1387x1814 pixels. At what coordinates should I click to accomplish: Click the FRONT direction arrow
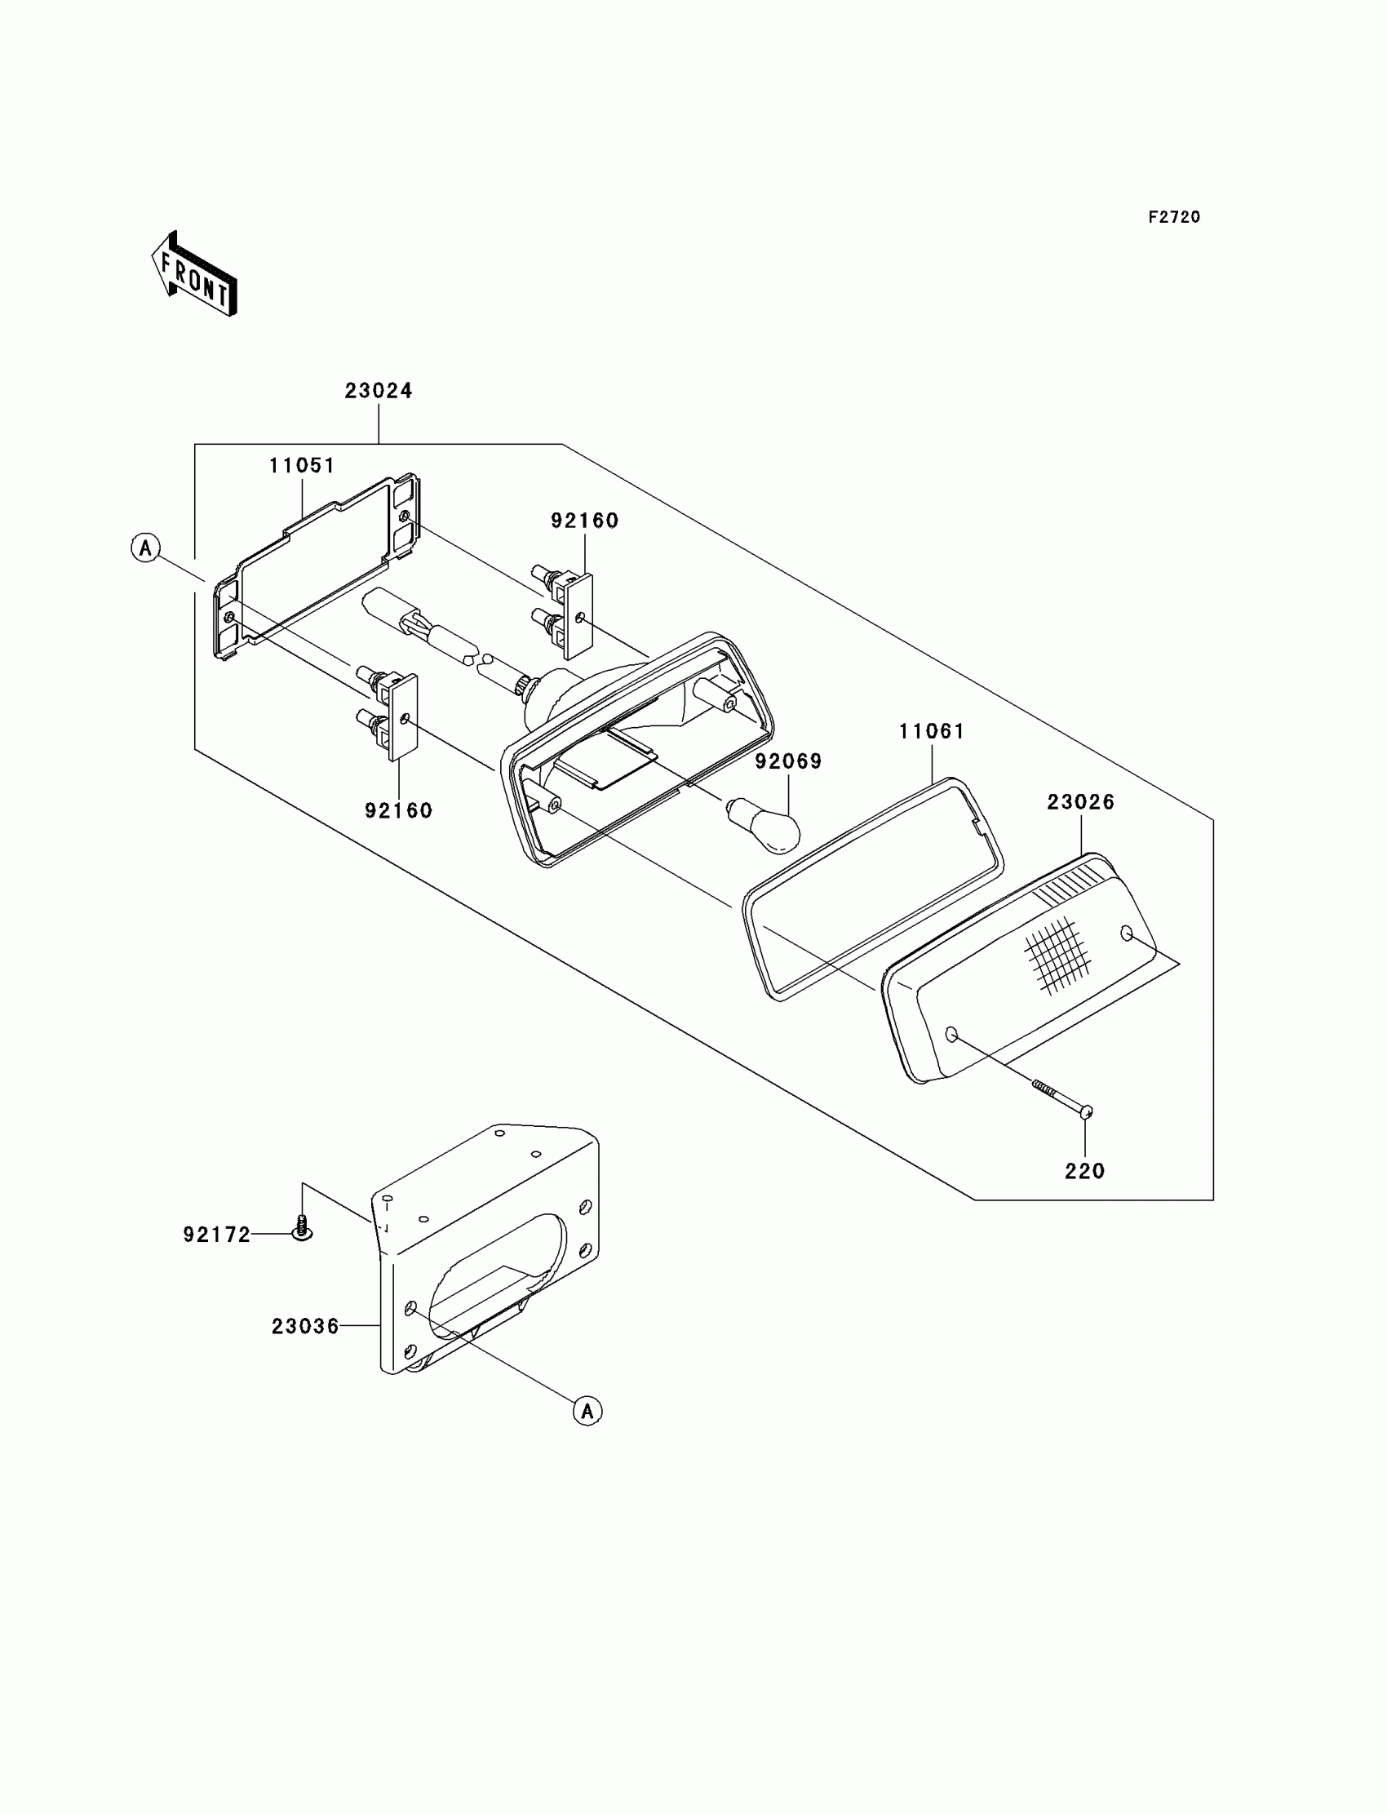(x=195, y=275)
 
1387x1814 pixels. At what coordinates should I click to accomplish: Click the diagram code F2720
(x=1174, y=217)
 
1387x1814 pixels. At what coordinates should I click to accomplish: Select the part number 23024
(x=378, y=391)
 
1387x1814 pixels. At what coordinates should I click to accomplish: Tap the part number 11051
(x=302, y=466)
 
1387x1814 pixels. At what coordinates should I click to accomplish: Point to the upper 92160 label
(x=584, y=521)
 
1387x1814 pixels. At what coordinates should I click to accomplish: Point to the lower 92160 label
(x=399, y=811)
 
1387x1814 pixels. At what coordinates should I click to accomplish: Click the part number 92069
(x=788, y=761)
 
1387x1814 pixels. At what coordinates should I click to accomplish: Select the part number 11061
(x=931, y=731)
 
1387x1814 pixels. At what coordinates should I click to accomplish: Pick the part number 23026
(x=1081, y=801)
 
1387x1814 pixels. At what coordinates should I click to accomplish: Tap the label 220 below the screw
(x=1085, y=1171)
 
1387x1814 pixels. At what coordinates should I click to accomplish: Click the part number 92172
(x=216, y=1235)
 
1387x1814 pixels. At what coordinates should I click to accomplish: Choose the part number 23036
(x=304, y=1326)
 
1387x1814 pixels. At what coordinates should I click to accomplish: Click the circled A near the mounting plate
(x=146, y=548)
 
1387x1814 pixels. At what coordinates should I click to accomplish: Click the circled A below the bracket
(x=587, y=1411)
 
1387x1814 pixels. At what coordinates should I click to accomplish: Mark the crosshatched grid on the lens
(x=1057, y=955)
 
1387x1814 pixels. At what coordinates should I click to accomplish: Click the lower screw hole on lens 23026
(x=951, y=1035)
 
